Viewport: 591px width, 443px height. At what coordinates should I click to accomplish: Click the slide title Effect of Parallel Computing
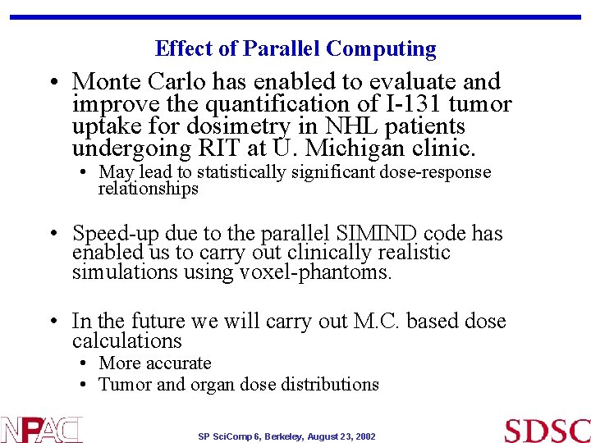[x=295, y=49]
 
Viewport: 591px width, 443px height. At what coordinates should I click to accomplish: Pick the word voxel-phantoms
[x=316, y=272]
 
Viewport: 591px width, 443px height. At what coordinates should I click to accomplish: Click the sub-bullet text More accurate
[x=155, y=363]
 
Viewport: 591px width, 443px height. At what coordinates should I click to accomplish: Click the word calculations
[x=126, y=341]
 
